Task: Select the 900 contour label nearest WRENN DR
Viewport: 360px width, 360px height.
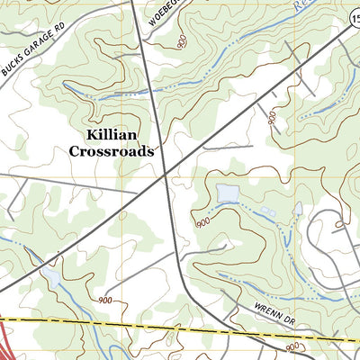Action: click(x=292, y=346)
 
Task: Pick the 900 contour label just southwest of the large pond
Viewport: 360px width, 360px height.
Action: click(x=202, y=221)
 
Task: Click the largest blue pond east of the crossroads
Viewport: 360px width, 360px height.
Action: click(x=227, y=193)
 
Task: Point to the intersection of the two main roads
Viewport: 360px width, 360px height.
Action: click(x=164, y=176)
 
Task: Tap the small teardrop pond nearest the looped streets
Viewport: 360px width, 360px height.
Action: click(x=298, y=209)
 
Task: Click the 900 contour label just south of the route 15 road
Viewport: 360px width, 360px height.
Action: click(x=271, y=116)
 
